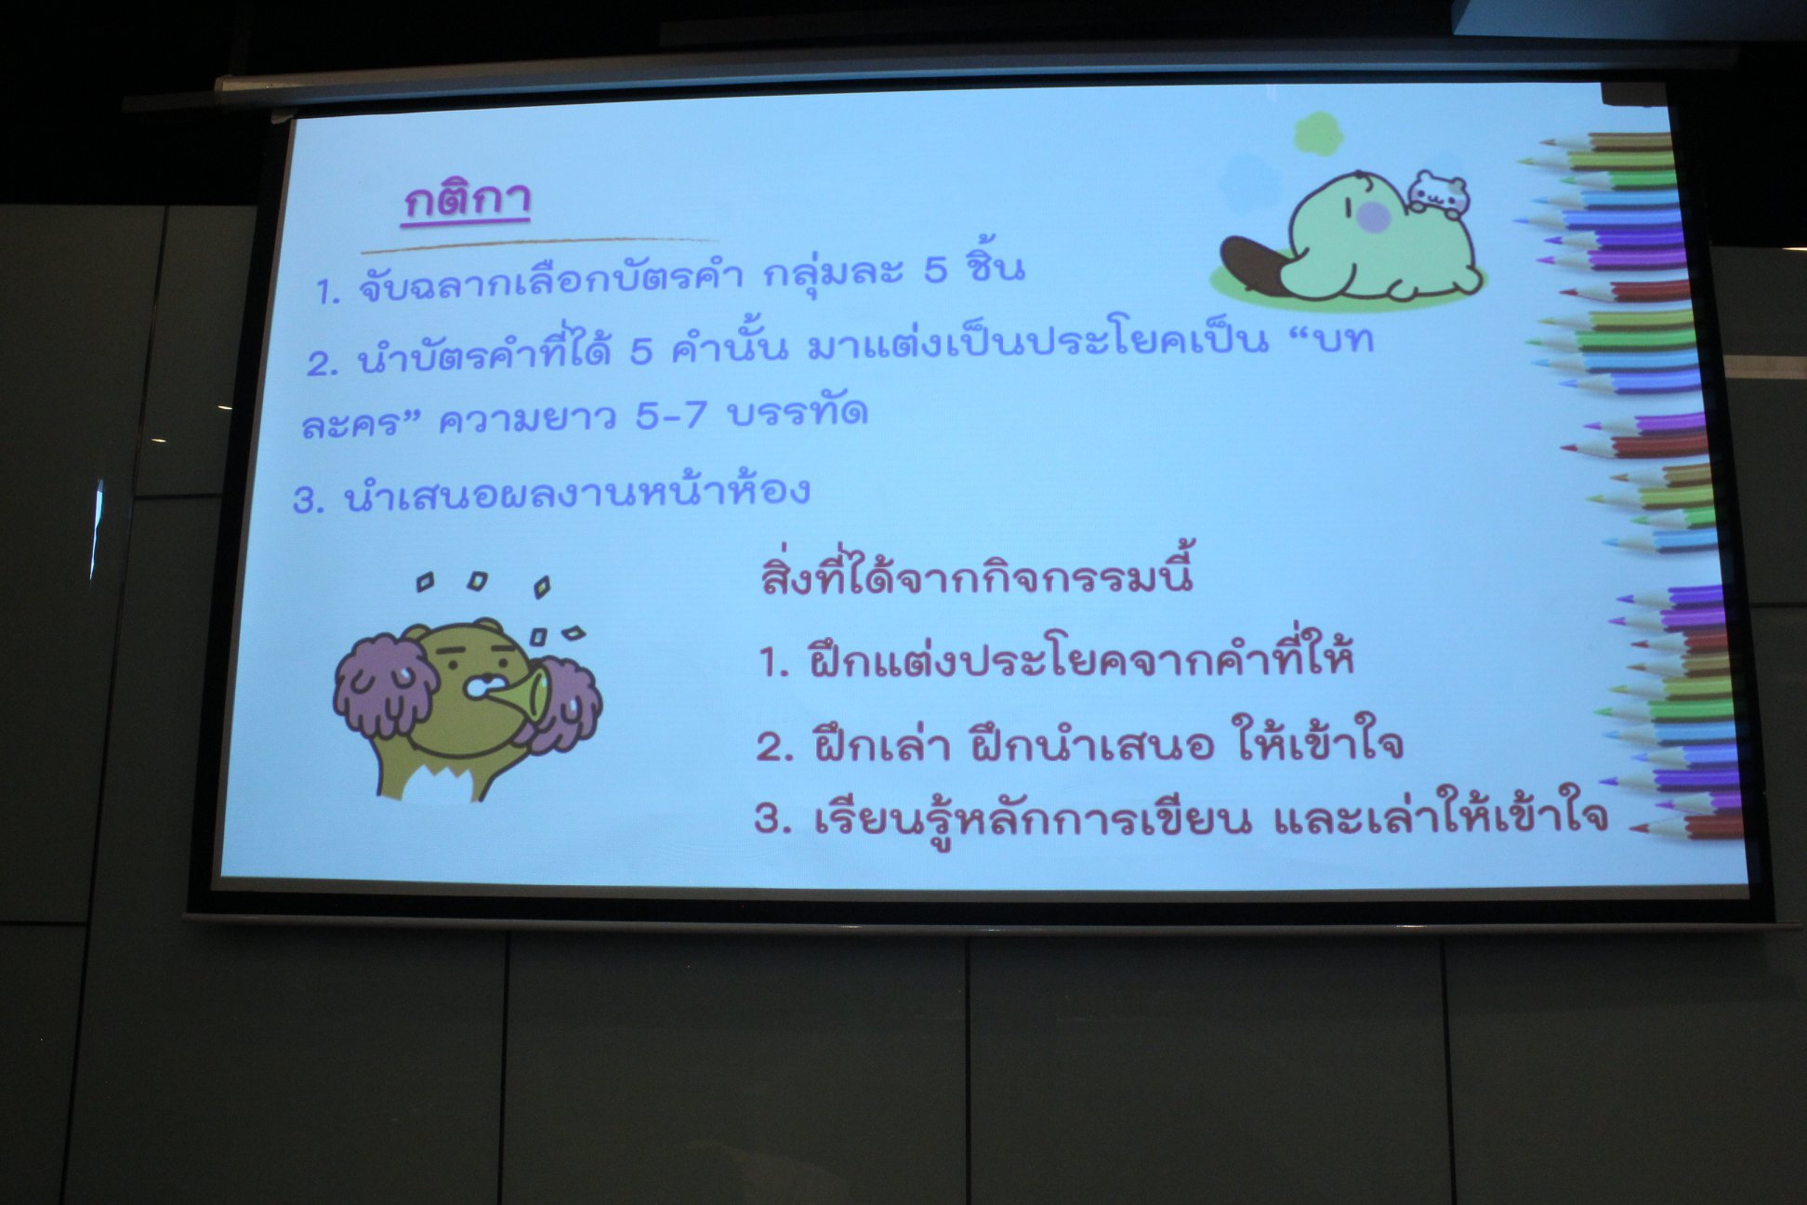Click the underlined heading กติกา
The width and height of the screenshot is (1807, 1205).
(x=468, y=199)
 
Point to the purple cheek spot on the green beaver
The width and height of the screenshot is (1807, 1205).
(x=1373, y=218)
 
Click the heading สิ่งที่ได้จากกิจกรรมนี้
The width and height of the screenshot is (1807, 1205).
(x=977, y=570)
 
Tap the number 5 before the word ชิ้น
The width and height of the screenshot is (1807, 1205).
(x=934, y=269)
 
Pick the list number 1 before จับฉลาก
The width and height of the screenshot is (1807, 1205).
(x=326, y=292)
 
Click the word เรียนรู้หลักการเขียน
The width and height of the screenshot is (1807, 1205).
(x=1032, y=818)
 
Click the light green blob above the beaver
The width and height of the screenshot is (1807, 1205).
(x=1318, y=134)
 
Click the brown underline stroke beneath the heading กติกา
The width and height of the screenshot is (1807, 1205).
(x=539, y=245)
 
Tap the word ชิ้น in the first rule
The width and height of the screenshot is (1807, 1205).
(x=994, y=266)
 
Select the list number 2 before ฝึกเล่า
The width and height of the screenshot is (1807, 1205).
(x=773, y=747)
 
